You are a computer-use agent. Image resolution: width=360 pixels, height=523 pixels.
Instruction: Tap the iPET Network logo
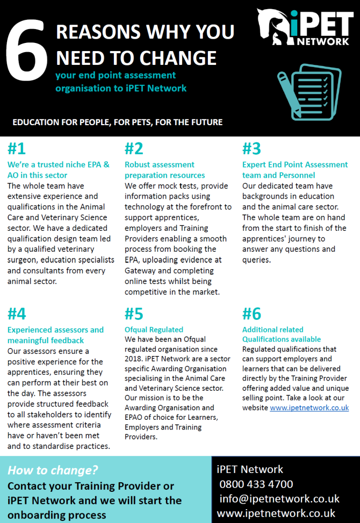[x=305, y=28]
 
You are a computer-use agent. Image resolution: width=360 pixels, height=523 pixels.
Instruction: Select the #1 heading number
[x=16, y=149]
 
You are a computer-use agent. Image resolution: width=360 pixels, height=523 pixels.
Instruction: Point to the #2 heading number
[x=134, y=149]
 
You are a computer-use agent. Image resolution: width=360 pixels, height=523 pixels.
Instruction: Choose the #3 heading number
[x=251, y=149]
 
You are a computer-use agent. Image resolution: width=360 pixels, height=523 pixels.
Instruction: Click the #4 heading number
[x=17, y=313]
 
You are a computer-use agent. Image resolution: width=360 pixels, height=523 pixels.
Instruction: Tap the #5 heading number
[x=134, y=313]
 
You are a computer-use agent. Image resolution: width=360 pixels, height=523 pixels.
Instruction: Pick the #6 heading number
[x=251, y=313]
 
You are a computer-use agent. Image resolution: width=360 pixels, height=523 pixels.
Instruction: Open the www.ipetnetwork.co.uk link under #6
[x=309, y=408]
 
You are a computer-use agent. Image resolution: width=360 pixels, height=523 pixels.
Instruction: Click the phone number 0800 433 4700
[x=256, y=484]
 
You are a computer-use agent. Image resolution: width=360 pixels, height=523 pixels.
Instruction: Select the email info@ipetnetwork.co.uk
[x=279, y=499]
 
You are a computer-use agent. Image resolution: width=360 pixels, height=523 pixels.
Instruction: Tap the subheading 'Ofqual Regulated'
[x=154, y=329]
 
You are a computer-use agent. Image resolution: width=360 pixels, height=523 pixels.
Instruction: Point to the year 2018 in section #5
[x=134, y=359]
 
